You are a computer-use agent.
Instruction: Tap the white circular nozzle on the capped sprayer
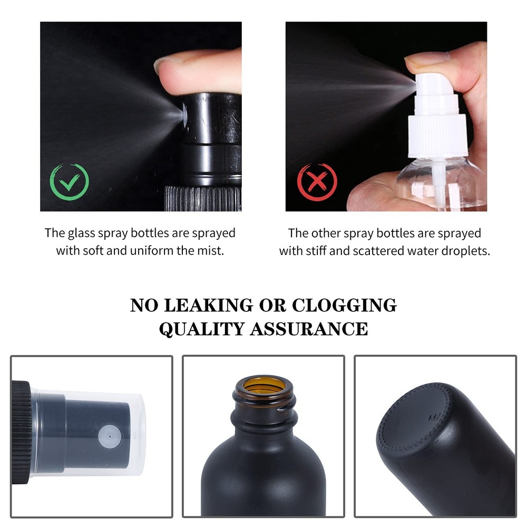110,437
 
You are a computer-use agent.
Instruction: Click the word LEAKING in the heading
208,306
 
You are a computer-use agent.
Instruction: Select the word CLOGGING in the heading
344,306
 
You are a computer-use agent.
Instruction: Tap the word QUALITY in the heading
201,329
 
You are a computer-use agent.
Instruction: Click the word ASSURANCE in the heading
309,329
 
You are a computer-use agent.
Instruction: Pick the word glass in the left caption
81,233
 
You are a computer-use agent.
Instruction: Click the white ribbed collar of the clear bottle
437,136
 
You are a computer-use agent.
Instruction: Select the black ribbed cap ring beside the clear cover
21,433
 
